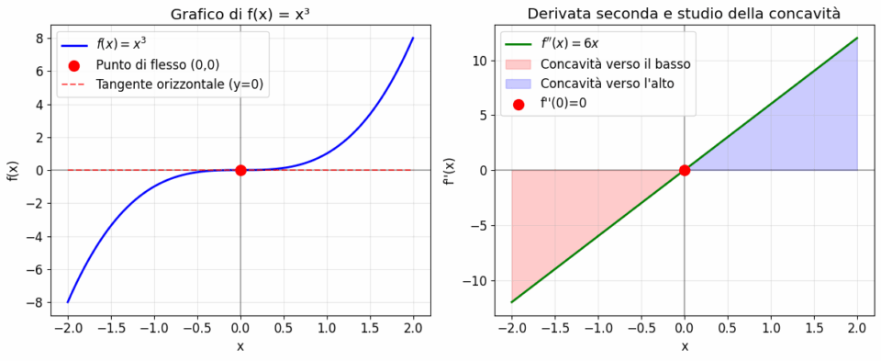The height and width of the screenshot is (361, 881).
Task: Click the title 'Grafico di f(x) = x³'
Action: point(240,13)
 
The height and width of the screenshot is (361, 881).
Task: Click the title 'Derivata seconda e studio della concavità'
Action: point(684,13)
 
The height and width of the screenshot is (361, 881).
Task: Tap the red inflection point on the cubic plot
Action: point(240,170)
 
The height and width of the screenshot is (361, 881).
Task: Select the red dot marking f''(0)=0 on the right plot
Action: point(685,170)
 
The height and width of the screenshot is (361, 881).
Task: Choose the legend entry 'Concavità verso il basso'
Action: point(616,64)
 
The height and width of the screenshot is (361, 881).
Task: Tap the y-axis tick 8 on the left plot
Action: point(40,38)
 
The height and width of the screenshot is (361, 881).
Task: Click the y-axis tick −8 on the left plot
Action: point(37,302)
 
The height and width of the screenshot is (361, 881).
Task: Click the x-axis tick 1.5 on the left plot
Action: point(370,327)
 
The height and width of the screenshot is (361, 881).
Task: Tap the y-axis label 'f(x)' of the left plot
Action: point(13,170)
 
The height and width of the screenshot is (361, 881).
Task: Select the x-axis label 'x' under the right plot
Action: point(685,346)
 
